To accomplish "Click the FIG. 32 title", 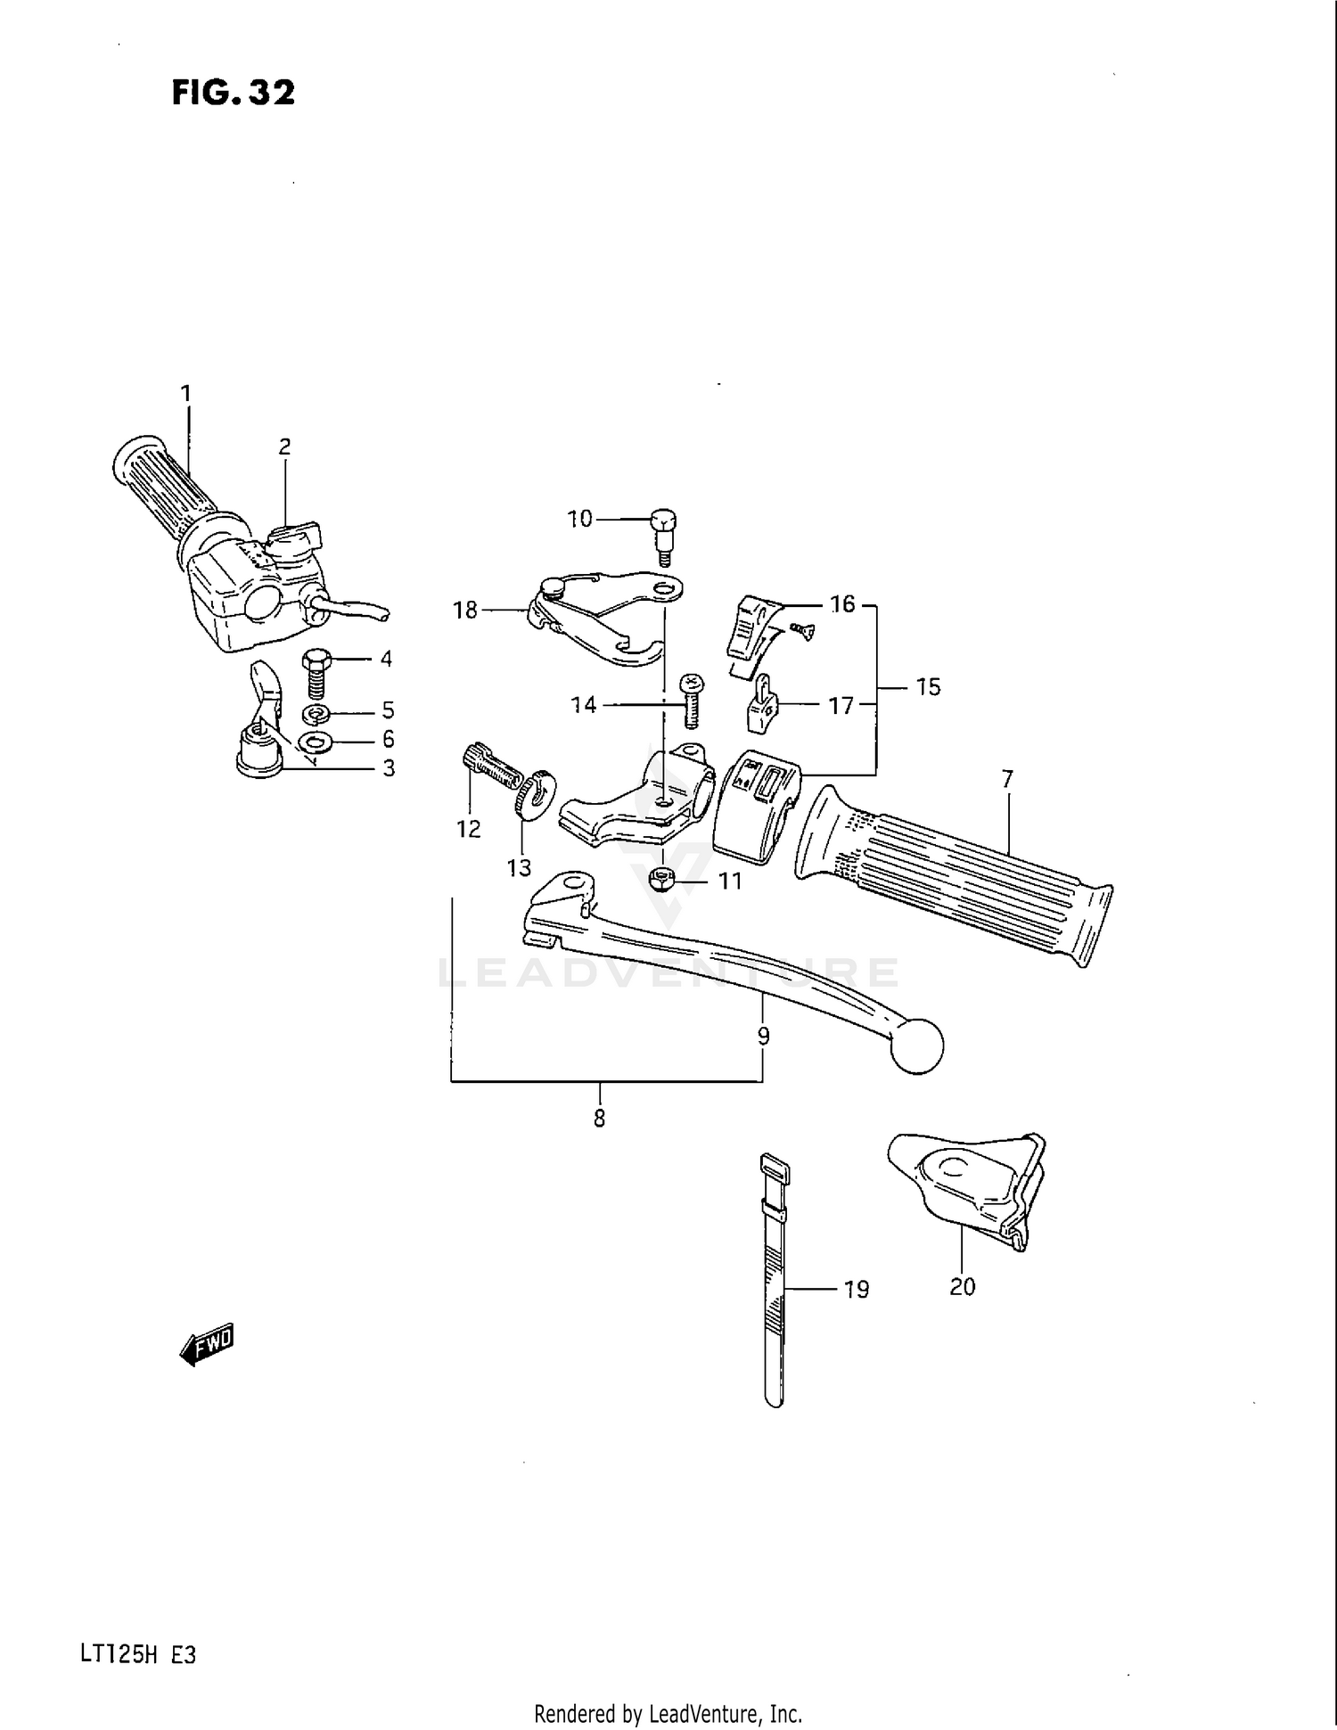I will [234, 93].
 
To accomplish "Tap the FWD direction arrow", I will [208, 1344].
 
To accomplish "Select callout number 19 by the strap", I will [856, 1290].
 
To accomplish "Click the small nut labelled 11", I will [661, 880].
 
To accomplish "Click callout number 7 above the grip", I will [1007, 779].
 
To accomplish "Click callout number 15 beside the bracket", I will [928, 687].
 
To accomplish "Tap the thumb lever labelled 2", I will [294, 537].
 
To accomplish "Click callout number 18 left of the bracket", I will [465, 610].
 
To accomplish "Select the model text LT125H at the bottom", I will [119, 1655].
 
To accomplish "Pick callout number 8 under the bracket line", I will [599, 1118].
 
